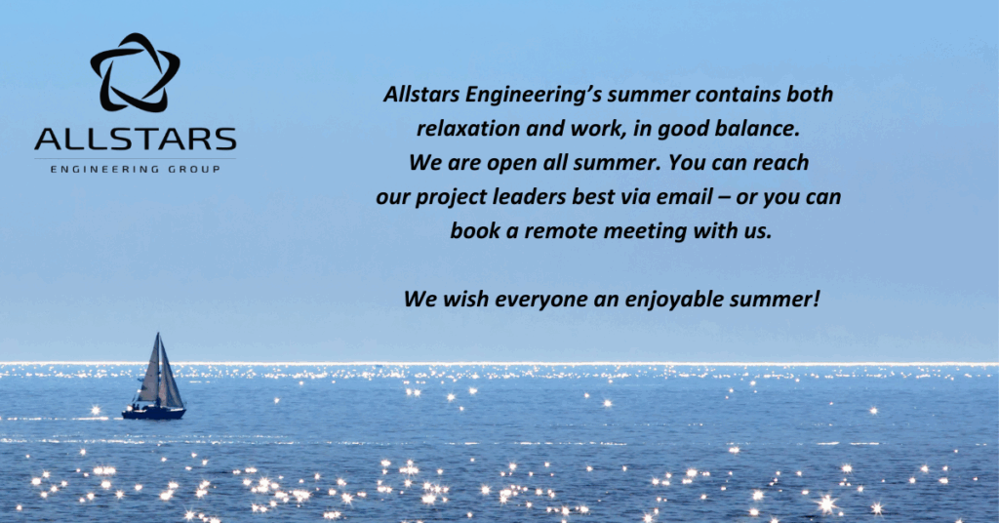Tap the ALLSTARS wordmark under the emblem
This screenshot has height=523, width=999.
pyautogui.click(x=135, y=140)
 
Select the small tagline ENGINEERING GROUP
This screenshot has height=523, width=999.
pyautogui.click(x=135, y=170)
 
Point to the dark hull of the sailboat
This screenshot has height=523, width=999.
pyautogui.click(x=153, y=414)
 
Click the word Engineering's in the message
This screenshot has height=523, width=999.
pyautogui.click(x=533, y=95)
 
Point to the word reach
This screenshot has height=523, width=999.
pyautogui.click(x=780, y=162)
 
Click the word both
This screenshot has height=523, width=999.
pyautogui.click(x=810, y=95)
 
